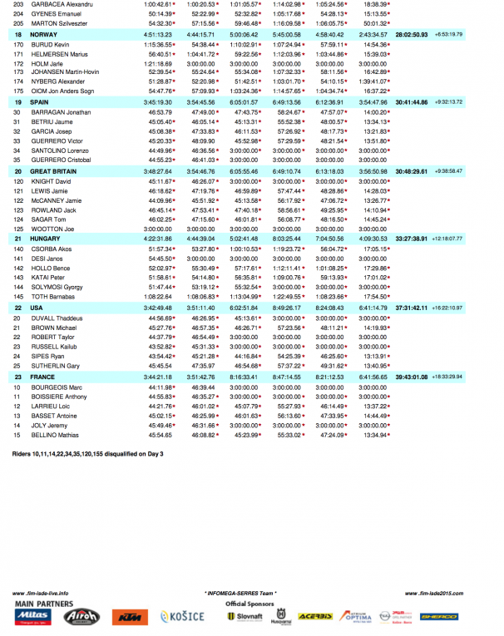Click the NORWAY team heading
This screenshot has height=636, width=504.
(43, 36)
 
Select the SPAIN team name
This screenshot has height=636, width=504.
(40, 101)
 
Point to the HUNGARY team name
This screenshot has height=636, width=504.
(45, 238)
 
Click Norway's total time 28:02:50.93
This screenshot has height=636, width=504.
(413, 36)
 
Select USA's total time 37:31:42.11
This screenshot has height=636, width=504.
(413, 307)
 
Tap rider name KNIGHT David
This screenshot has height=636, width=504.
(51, 180)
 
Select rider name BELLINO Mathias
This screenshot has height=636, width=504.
(55, 434)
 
